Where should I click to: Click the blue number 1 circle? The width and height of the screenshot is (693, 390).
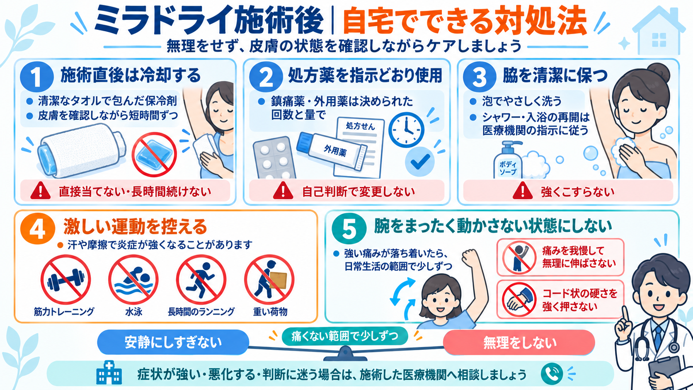point(37,76)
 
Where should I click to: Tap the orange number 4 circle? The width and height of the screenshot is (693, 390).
point(37,228)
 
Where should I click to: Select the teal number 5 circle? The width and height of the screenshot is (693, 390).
point(349,228)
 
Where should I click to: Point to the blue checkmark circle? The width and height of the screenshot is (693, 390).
point(420,162)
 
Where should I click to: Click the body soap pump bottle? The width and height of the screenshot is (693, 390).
point(507,161)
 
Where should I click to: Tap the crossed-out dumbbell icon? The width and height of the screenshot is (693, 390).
point(65,280)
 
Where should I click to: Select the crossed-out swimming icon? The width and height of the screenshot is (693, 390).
point(133,280)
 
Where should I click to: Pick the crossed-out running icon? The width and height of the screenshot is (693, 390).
point(201,280)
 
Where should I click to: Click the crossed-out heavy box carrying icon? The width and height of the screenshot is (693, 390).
point(269,280)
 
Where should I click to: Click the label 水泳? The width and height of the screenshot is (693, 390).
point(133,311)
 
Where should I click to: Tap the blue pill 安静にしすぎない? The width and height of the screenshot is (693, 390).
point(173,342)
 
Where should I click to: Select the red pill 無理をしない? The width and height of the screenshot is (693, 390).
point(519,342)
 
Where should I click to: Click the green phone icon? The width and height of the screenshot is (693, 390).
point(552,374)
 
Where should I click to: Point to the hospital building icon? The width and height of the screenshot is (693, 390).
point(109,372)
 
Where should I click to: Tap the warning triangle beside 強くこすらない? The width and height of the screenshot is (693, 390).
point(523,191)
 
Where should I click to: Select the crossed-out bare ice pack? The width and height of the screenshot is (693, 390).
point(154,154)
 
